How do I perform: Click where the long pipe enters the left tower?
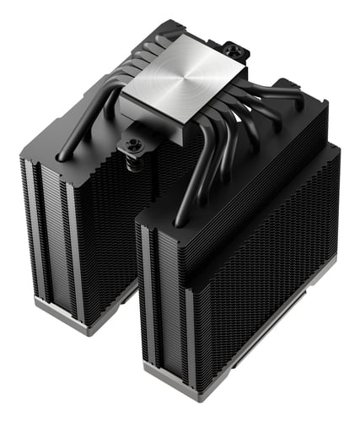(61, 156)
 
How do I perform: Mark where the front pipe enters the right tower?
(179, 221)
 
